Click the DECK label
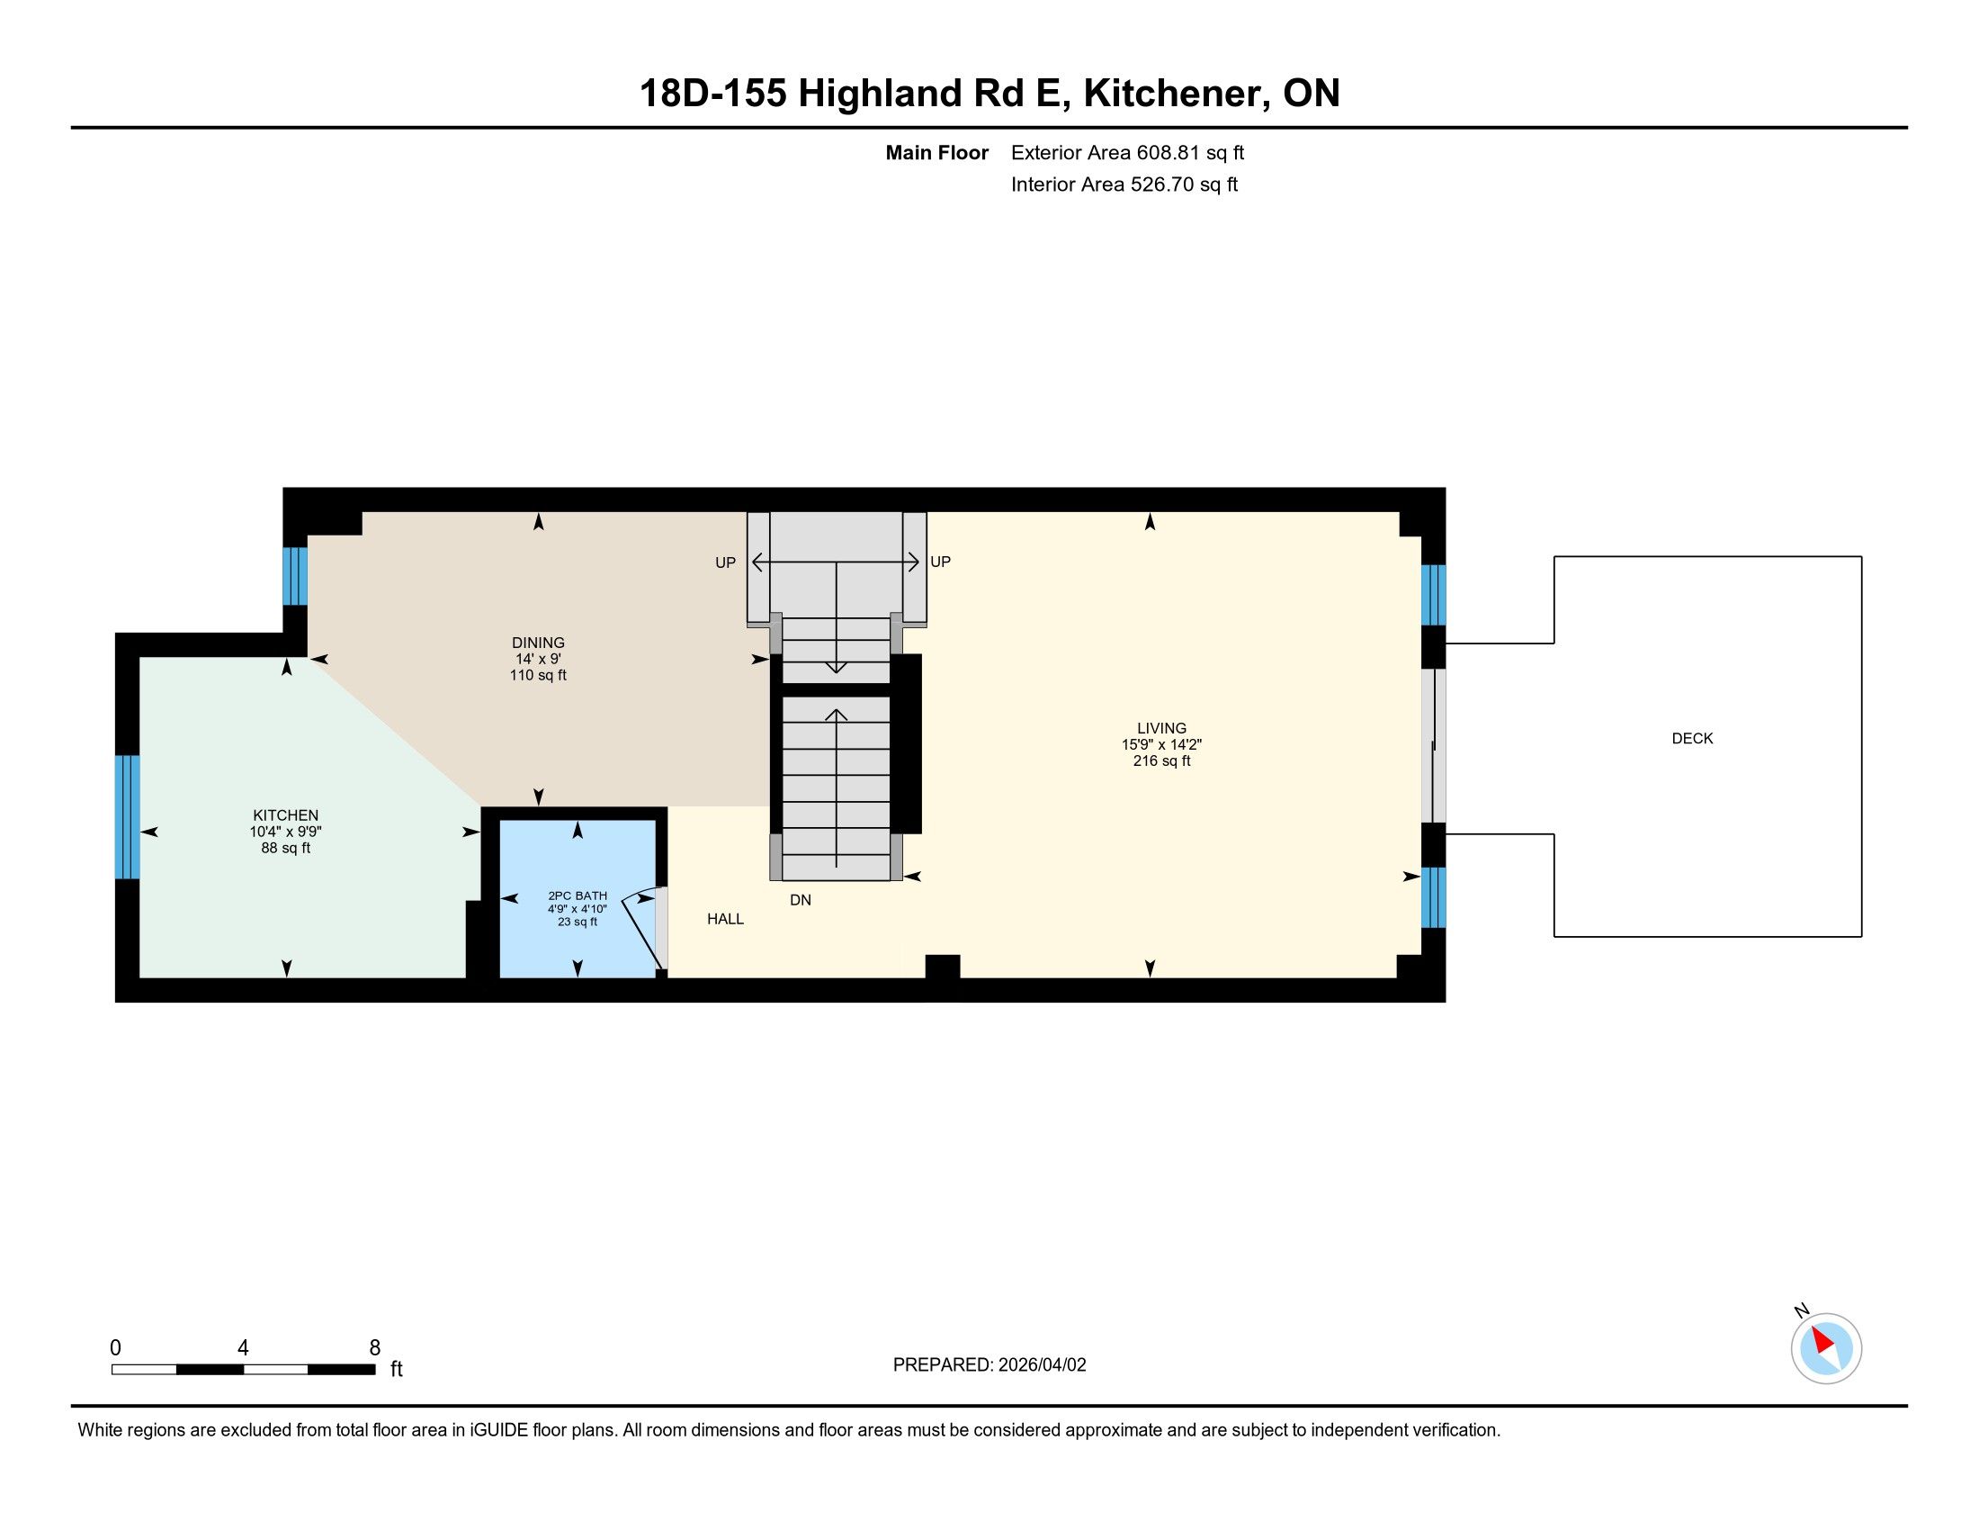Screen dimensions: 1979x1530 pos(1692,739)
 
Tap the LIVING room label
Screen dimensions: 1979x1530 pos(1161,728)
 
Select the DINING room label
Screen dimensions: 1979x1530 pos(538,643)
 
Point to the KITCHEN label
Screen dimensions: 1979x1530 pos(285,815)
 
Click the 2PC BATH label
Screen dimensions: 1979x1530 pos(578,895)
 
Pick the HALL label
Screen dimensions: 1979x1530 pos(725,919)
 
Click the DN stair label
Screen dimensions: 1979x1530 pos(800,900)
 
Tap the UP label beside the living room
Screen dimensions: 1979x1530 pos(941,562)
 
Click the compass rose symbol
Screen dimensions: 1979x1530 pos(1826,1348)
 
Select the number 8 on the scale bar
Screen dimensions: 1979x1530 pos(375,1348)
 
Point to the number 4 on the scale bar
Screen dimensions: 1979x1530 pos(243,1348)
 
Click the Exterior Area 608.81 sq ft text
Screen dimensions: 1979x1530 pos(1127,153)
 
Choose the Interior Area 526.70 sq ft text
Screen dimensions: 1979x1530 pos(1124,184)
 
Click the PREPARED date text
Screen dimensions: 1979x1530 pos(989,1365)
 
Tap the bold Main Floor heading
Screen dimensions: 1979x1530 pos(937,153)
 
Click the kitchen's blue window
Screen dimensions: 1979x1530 pos(128,816)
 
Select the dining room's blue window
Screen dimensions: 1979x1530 pos(295,576)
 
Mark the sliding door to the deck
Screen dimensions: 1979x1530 pos(1433,746)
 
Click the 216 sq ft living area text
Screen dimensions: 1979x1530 pos(1161,761)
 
